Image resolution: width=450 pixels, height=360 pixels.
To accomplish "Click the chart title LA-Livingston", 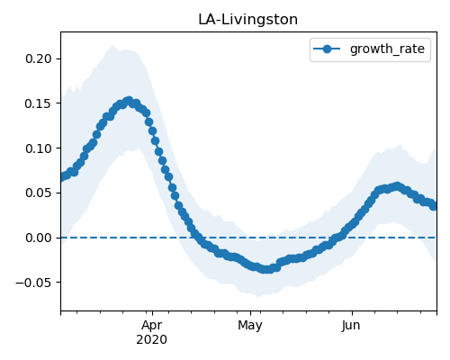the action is point(247,20).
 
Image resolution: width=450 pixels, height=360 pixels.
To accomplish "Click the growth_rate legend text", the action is point(387,49).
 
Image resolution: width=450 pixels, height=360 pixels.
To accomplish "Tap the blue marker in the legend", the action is point(327,49).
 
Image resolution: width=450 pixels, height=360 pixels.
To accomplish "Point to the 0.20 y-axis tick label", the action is point(39,58).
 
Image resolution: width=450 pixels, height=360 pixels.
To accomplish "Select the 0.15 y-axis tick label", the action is point(39,103).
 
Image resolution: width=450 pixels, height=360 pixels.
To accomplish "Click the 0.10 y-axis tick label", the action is point(39,148).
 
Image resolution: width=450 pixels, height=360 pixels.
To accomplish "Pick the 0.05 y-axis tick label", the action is point(39,193).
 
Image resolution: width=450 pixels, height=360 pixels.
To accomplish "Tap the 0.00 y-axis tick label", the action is point(39,238).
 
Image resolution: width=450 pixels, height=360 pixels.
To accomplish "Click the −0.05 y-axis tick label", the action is point(33,283).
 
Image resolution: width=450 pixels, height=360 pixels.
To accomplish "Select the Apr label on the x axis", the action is point(152,326).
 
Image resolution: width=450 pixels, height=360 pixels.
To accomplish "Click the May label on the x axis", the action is point(250,326).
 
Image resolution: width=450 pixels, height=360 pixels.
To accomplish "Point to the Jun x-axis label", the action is point(351,326).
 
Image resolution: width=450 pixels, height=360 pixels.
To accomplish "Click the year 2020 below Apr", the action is point(152,340).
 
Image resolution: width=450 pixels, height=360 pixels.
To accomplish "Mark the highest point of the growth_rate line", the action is point(129,102).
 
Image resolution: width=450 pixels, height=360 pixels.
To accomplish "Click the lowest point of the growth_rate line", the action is point(266,269).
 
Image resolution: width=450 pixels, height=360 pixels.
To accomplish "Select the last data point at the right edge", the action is point(434,206).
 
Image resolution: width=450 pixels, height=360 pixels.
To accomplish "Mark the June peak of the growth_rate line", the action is point(397,186).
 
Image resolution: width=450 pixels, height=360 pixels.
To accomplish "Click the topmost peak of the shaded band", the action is point(112,45).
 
